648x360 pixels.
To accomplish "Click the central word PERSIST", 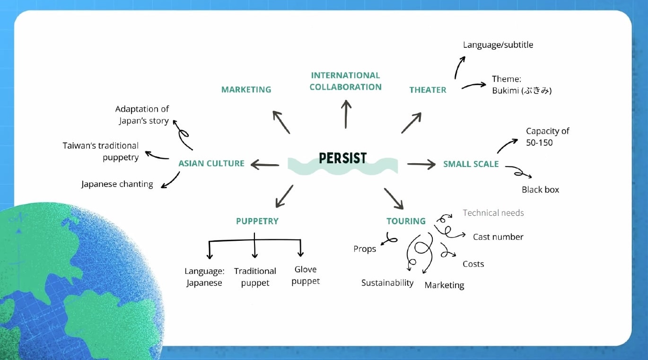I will coord(342,158).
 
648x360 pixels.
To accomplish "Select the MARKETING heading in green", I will coord(246,89).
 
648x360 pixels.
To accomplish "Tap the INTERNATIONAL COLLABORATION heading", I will coord(345,81).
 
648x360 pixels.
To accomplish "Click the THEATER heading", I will coord(428,89).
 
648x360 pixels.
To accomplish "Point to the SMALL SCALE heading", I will coord(471,164).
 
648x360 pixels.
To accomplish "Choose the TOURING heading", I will coord(406,221).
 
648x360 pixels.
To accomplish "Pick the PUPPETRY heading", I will coord(257,221).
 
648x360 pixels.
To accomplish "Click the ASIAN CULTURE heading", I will coord(211,164).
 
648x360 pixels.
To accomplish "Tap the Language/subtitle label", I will coord(498,45).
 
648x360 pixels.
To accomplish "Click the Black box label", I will coord(540,190).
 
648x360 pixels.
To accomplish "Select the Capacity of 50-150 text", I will coord(547,136).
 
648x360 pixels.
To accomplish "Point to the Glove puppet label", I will coord(306,275).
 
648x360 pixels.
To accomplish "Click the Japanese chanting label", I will coord(117,184).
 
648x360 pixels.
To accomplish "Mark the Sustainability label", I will coord(387,283).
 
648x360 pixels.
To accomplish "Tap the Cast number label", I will coord(498,237).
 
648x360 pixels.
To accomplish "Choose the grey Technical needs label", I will coord(493,213).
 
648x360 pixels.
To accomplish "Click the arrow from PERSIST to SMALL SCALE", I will coord(421,164).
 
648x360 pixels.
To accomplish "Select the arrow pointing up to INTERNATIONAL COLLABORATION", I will coord(346,114).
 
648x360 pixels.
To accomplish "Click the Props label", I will coord(365,249).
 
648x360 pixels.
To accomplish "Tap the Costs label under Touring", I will coord(473,264).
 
